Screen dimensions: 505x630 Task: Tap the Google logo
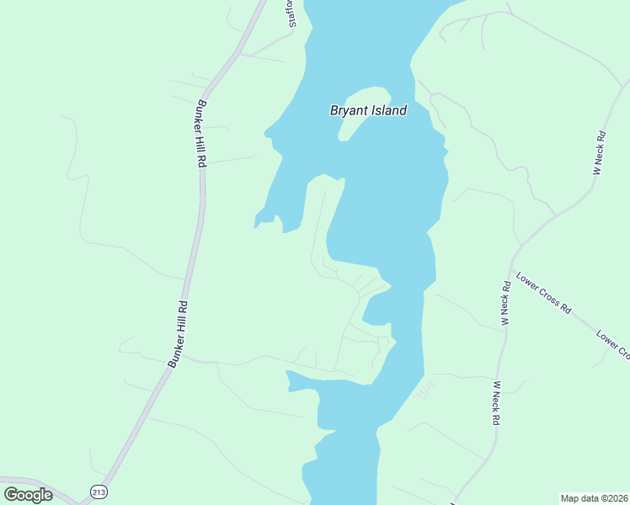coord(28,494)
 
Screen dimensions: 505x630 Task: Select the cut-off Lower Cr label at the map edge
coord(612,344)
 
